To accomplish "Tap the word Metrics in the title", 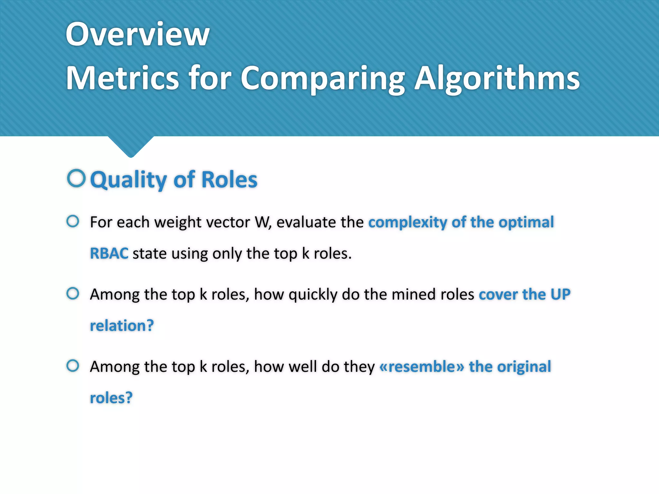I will tap(122, 78).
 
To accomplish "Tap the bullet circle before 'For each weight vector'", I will tap(73, 221).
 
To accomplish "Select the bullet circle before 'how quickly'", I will tap(73, 293).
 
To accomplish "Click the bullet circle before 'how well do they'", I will tap(73, 366).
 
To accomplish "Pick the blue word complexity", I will tap(407, 222).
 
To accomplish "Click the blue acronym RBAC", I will tap(109, 253).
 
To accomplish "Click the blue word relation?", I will tap(122, 325).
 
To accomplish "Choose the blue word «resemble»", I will tap(422, 367).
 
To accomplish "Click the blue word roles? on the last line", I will tap(111, 398).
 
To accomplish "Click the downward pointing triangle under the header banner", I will tap(131, 146).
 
